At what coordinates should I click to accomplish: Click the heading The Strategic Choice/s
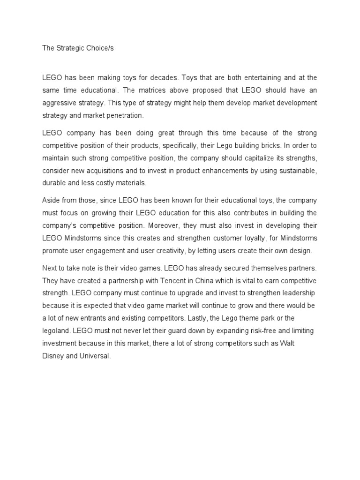click(75, 48)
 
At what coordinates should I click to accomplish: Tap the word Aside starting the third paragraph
click(50, 201)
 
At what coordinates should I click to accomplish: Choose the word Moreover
click(194, 225)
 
